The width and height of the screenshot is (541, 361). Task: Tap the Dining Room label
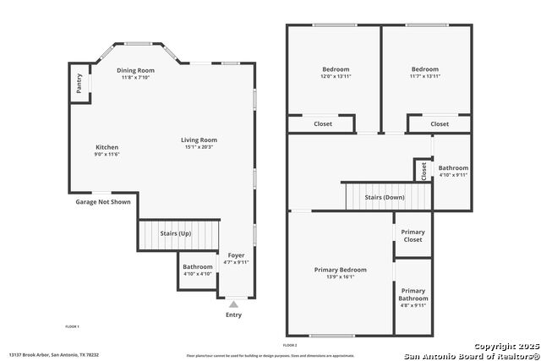click(x=135, y=70)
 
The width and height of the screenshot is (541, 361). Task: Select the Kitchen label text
click(x=107, y=147)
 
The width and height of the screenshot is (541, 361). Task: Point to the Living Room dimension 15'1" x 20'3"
click(x=199, y=147)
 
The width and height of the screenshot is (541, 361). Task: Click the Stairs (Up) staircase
click(x=178, y=234)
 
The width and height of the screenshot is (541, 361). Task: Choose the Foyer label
click(x=236, y=255)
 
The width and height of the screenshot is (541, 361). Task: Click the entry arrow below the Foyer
click(x=233, y=304)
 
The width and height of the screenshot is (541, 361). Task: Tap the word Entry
click(x=233, y=315)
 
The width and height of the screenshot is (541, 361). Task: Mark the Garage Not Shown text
click(x=103, y=202)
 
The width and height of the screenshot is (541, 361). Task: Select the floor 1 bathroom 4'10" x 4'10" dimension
click(x=198, y=274)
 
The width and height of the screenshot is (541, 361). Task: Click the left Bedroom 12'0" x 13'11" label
click(x=336, y=76)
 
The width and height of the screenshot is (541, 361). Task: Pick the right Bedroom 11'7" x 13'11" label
click(x=425, y=76)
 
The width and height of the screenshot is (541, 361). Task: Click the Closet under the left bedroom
click(x=323, y=123)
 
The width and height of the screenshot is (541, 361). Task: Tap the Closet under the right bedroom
click(x=440, y=123)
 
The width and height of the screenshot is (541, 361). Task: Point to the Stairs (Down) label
click(x=385, y=197)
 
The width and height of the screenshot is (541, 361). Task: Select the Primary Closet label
click(x=413, y=236)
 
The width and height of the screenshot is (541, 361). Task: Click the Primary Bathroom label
click(x=413, y=294)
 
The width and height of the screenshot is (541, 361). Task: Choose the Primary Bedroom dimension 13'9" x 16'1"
click(x=341, y=276)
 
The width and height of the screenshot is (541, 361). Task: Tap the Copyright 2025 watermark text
click(x=505, y=346)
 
